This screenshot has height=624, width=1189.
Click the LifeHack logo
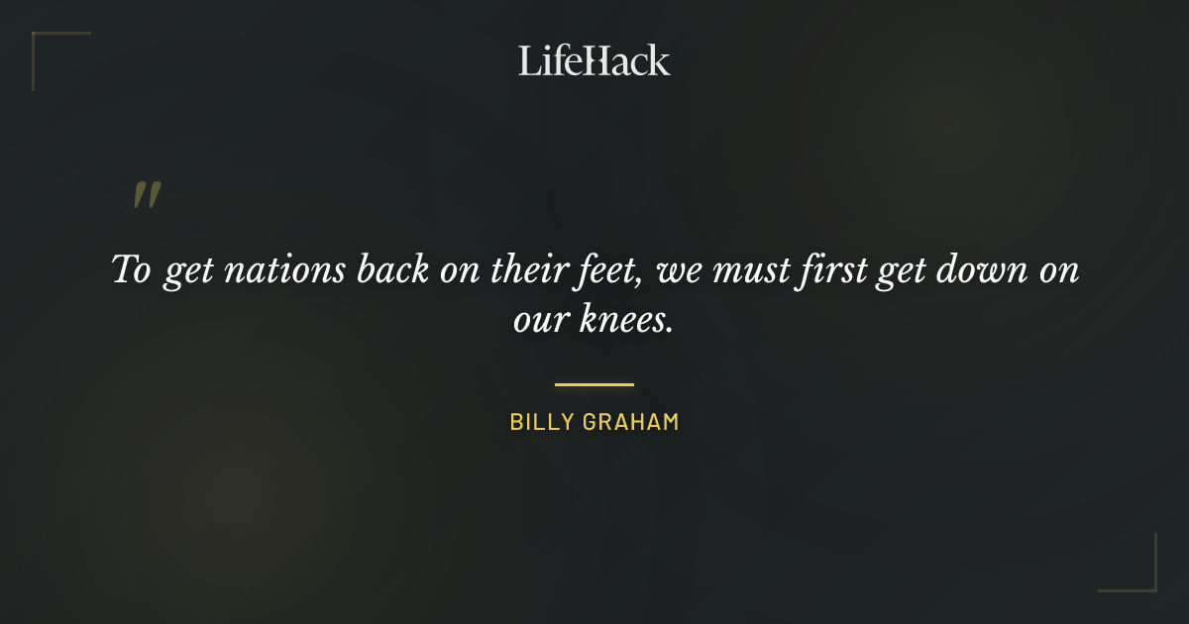[x=594, y=60]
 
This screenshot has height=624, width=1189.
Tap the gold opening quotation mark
[x=147, y=195]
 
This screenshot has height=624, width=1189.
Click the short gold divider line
[x=594, y=384]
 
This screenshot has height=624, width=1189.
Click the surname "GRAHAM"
[x=634, y=422]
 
